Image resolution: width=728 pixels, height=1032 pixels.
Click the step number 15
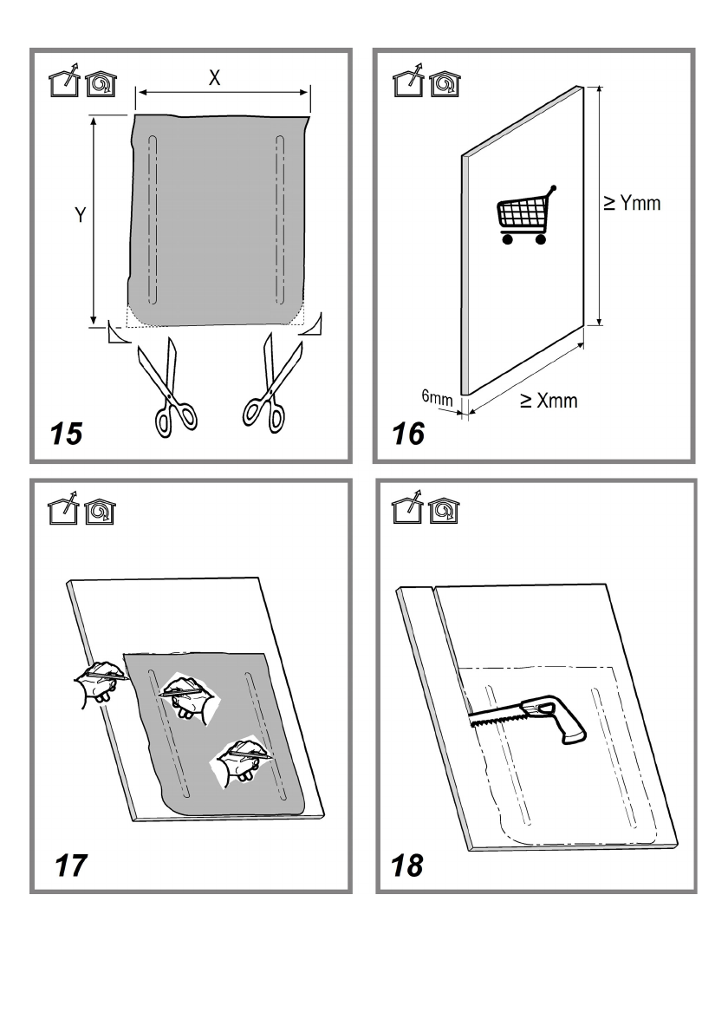coord(66,432)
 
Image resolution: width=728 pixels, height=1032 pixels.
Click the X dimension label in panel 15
coord(215,78)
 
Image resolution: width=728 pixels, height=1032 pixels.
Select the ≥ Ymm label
coord(632,203)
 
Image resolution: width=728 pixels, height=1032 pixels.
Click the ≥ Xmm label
coord(548,401)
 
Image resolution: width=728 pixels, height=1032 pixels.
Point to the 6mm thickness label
coord(437,397)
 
